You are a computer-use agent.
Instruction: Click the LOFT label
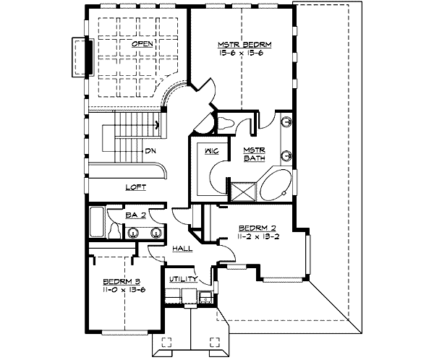135,187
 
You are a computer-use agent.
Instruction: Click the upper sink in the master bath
287,123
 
